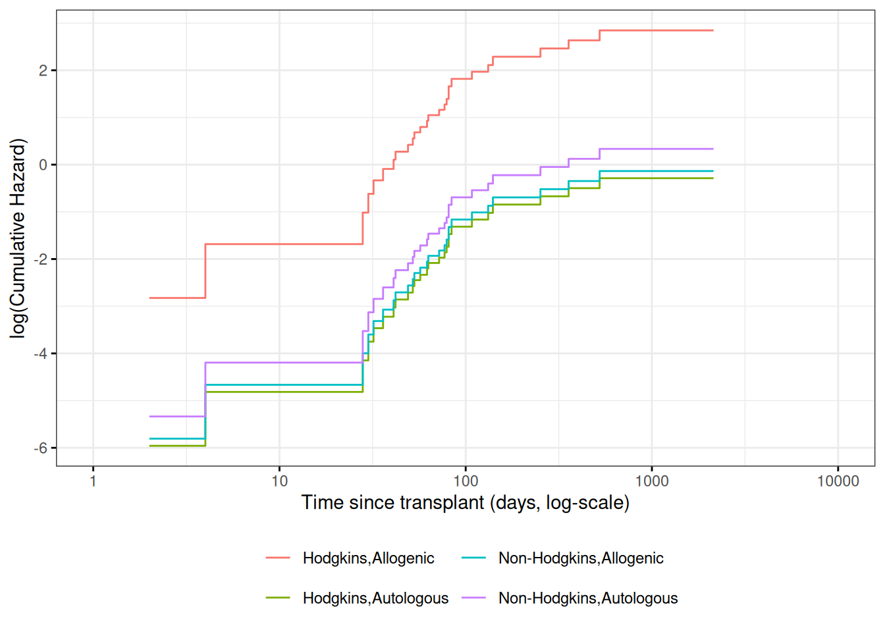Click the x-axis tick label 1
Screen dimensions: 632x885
coord(93,481)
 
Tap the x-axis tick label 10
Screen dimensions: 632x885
coord(279,481)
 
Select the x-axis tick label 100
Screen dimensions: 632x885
coord(466,481)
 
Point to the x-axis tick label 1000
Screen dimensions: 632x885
coord(652,481)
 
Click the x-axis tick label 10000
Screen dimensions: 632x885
coord(838,481)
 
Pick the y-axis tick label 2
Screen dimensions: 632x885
coord(43,70)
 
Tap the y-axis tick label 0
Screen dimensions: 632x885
coord(43,165)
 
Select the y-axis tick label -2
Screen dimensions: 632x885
coord(41,259)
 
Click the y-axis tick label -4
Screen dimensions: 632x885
coord(41,354)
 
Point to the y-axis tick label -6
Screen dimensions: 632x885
coord(41,448)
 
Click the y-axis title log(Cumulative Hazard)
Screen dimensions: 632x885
coord(18,238)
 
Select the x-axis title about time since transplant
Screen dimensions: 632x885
coord(466,503)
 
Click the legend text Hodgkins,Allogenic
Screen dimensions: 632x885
coord(368,558)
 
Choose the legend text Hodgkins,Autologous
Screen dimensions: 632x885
coord(375,598)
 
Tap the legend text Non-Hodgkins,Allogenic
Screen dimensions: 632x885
coord(581,558)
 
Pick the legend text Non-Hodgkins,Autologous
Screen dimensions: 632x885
coord(588,598)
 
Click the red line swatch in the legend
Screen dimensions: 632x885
coord(278,558)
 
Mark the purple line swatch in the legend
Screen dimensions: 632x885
coord(473,598)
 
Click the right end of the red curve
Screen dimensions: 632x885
coord(712,30)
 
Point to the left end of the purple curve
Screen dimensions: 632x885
coord(150,417)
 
